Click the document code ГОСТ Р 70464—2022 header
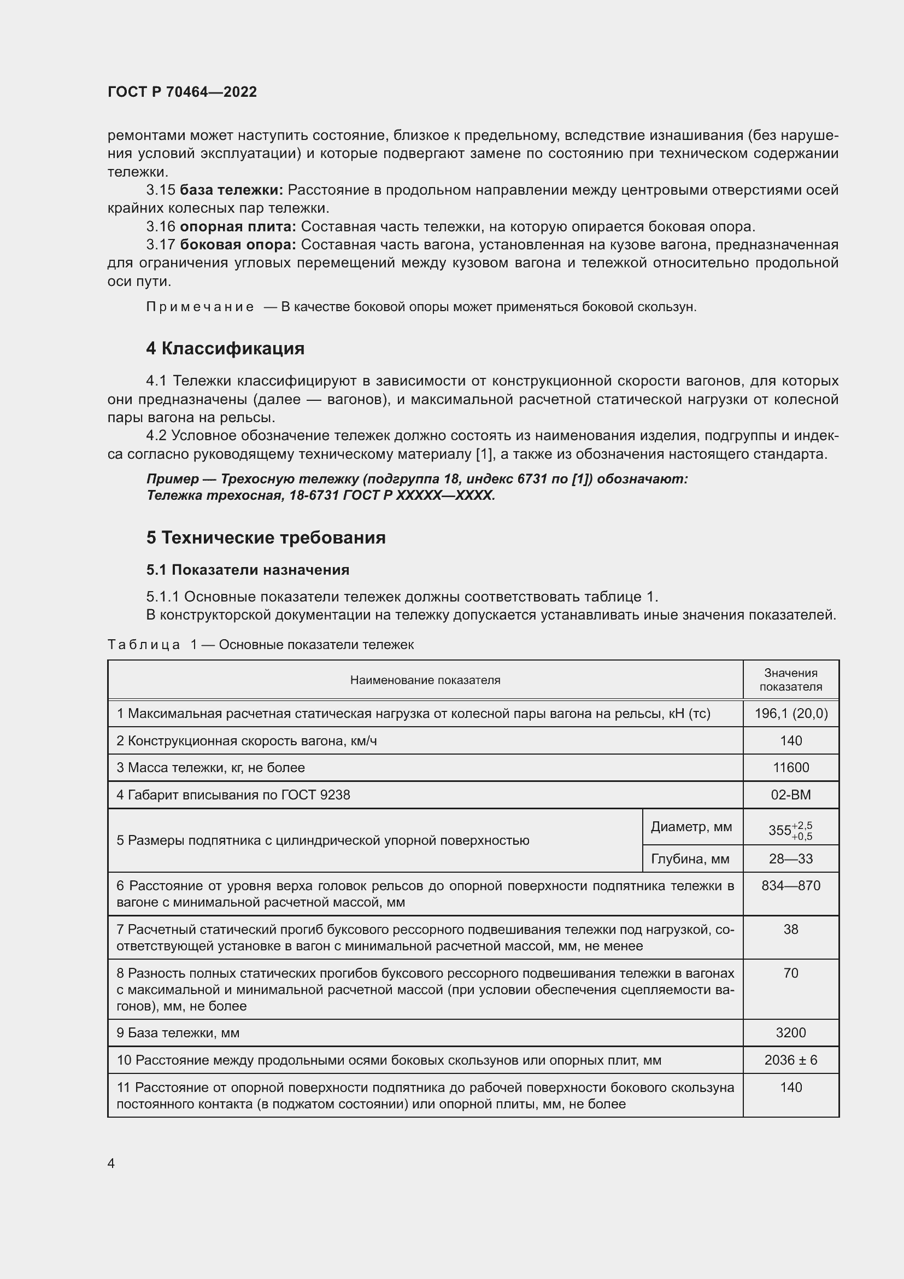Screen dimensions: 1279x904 pos(182,92)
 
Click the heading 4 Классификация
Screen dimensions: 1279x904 pos(225,348)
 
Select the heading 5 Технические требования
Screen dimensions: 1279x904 pos(266,538)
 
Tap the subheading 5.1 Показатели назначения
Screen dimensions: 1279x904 pos(248,570)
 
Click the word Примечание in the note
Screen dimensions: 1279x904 pos(200,307)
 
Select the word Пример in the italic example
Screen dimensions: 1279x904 pos(173,479)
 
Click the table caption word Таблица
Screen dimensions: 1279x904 pos(144,645)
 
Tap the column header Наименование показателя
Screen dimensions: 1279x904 pos(425,680)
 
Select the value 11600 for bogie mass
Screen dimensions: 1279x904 pos(790,768)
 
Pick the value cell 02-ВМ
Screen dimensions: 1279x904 pos(790,795)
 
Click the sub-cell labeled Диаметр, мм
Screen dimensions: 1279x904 pos(691,827)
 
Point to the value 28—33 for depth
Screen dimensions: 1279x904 pos(790,858)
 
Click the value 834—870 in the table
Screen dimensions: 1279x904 pos(790,886)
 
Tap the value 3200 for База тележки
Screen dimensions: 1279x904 pos(790,1033)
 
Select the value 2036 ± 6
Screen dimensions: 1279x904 pos(790,1060)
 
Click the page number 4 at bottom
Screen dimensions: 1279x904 pos(111,1164)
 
